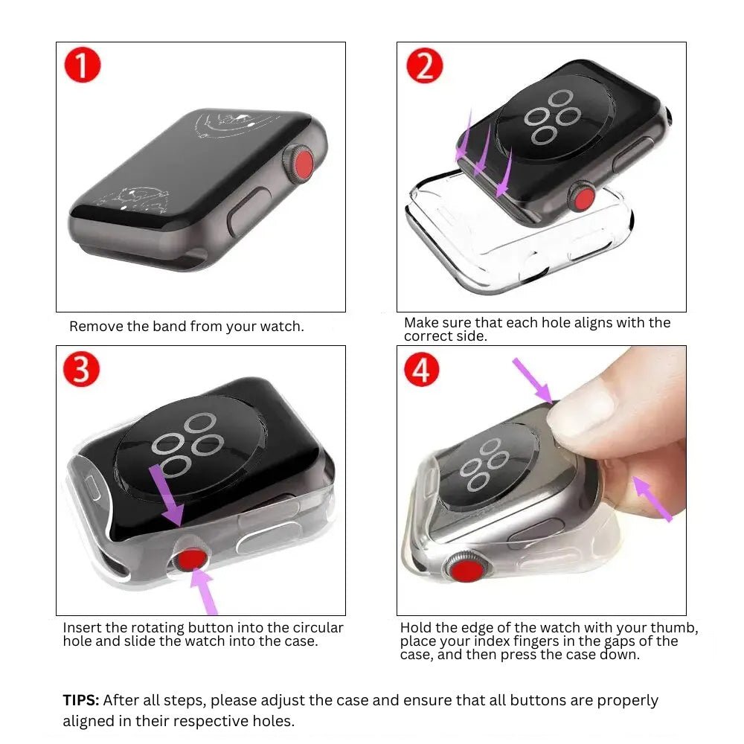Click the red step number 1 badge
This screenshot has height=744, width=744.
pyautogui.click(x=82, y=66)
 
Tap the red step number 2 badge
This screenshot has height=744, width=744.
pyautogui.click(x=424, y=66)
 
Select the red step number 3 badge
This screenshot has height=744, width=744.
pyautogui.click(x=82, y=369)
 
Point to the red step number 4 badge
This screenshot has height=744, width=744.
pyautogui.click(x=421, y=370)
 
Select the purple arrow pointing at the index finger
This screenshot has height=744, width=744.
pyautogui.click(x=652, y=498)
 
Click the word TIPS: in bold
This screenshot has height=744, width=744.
pyautogui.click(x=81, y=700)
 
